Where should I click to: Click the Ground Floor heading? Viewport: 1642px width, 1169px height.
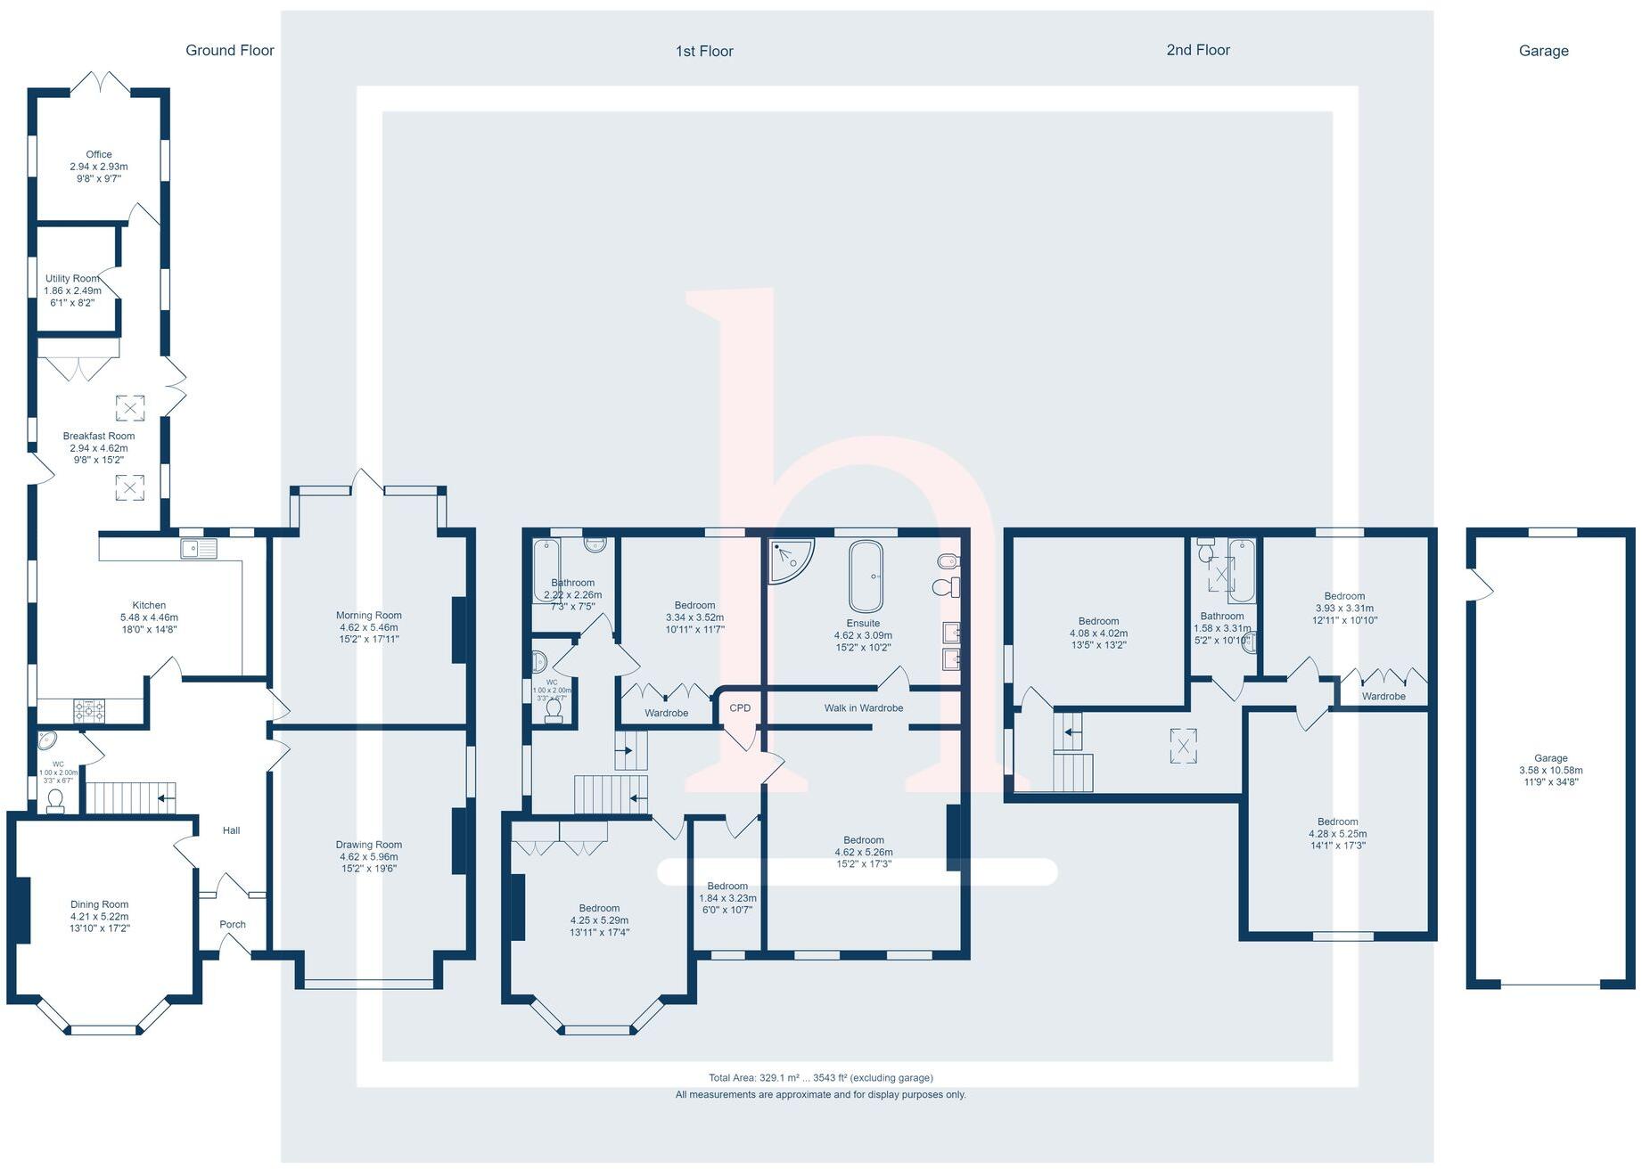pos(229,51)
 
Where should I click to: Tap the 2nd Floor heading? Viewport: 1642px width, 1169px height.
pos(1197,51)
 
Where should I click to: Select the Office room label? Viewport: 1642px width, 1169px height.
pos(99,154)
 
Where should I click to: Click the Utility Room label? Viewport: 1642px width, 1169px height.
pos(72,279)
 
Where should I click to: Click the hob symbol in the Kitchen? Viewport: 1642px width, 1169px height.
pos(89,711)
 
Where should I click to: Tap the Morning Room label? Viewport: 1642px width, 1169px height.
pos(368,616)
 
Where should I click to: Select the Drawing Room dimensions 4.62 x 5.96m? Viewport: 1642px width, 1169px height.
pos(368,856)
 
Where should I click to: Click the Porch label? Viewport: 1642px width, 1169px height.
pos(233,925)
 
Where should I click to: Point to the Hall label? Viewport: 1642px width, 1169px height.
pos(231,830)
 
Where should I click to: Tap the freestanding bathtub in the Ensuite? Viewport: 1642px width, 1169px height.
pos(866,575)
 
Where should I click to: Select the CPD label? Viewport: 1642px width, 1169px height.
pos(740,708)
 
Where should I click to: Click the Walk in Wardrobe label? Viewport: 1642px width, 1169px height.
pos(863,708)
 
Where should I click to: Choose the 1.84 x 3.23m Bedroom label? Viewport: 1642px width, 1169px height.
pos(727,898)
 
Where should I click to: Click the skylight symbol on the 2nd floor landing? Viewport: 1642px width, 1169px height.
pos(1183,747)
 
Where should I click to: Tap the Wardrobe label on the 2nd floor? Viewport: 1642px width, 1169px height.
pos(1383,697)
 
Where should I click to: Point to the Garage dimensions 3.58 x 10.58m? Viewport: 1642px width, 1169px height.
pos(1551,771)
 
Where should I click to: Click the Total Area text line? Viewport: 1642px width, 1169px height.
pos(820,1077)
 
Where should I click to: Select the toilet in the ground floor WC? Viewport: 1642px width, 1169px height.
pos(55,800)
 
